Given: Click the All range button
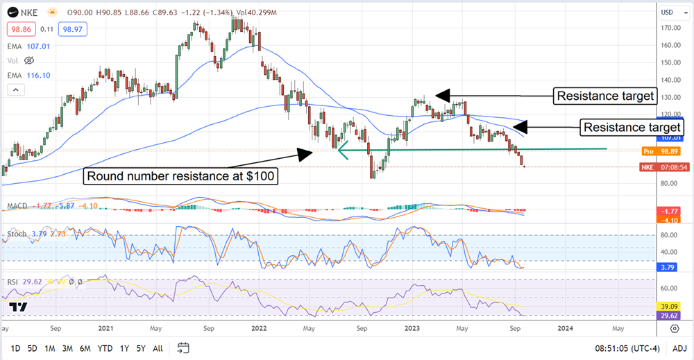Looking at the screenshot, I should [x=158, y=348].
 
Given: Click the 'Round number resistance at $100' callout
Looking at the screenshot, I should [x=182, y=177].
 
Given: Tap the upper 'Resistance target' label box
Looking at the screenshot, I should [x=605, y=96].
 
